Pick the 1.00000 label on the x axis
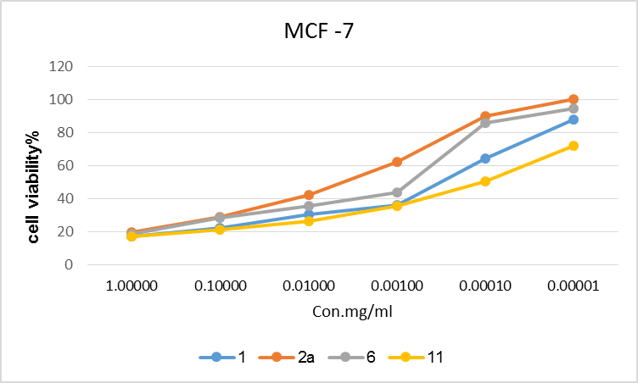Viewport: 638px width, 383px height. click(x=132, y=286)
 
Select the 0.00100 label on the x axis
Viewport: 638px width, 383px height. click(x=396, y=286)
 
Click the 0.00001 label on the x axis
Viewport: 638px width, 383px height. click(x=573, y=286)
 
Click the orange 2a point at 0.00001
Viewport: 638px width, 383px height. click(x=574, y=99)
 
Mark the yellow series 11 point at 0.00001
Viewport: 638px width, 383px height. click(x=574, y=146)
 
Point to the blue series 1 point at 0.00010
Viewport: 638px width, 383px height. click(x=485, y=158)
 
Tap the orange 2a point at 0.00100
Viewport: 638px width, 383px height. click(x=396, y=162)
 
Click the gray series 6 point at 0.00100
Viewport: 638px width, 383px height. click(x=396, y=192)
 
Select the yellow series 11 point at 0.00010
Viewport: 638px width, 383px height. click(x=485, y=181)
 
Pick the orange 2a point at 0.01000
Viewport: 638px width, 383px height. click(x=308, y=195)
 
